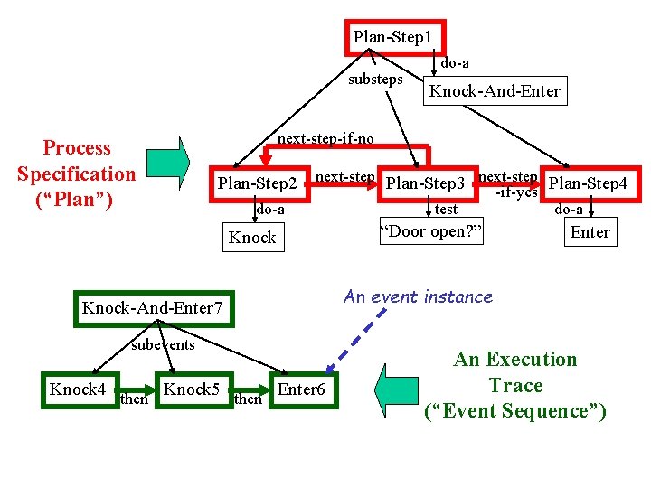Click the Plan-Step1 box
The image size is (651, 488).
click(393, 37)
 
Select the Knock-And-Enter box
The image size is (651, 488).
click(495, 90)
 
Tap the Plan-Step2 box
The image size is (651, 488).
click(258, 183)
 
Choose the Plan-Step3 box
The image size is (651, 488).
click(425, 183)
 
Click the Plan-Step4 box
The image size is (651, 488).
click(589, 183)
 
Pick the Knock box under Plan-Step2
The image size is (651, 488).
click(252, 238)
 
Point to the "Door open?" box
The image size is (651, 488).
click(430, 231)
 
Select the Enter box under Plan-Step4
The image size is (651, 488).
click(590, 232)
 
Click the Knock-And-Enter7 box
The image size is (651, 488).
click(152, 308)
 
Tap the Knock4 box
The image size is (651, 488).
click(78, 389)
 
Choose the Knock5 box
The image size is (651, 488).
click(192, 389)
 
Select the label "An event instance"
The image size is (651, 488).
click(418, 296)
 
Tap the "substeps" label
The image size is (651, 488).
click(375, 79)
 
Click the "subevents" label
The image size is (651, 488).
click(163, 344)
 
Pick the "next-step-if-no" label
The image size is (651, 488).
click(325, 139)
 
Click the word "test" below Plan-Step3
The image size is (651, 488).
click(446, 210)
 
